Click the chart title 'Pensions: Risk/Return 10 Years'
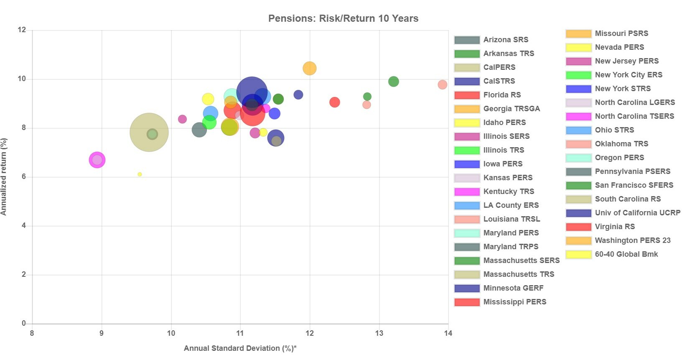pyautogui.click(x=343, y=18)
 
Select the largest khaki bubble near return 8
pyautogui.click(x=149, y=132)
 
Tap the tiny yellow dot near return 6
pyautogui.click(x=140, y=174)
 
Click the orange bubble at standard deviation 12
pyautogui.click(x=309, y=68)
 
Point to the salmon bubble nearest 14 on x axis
pyautogui.click(x=443, y=85)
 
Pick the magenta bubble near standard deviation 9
pyautogui.click(x=97, y=160)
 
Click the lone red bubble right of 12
pyautogui.click(x=334, y=102)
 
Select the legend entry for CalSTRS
pyautogui.click(x=499, y=81)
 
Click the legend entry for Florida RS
pyautogui.click(x=502, y=95)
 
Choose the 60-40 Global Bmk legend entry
pyautogui.click(x=626, y=254)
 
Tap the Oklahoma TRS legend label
pyautogui.click(x=621, y=144)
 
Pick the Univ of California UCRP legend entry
pyautogui.click(x=637, y=213)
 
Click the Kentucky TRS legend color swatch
pyautogui.click(x=467, y=191)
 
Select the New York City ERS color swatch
pyautogui.click(x=578, y=75)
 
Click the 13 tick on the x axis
pyautogui.click(x=379, y=333)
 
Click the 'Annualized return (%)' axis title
pyautogui.click(x=4, y=177)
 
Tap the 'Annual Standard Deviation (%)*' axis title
pyautogui.click(x=240, y=348)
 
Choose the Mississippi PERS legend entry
pyautogui.click(x=514, y=302)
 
